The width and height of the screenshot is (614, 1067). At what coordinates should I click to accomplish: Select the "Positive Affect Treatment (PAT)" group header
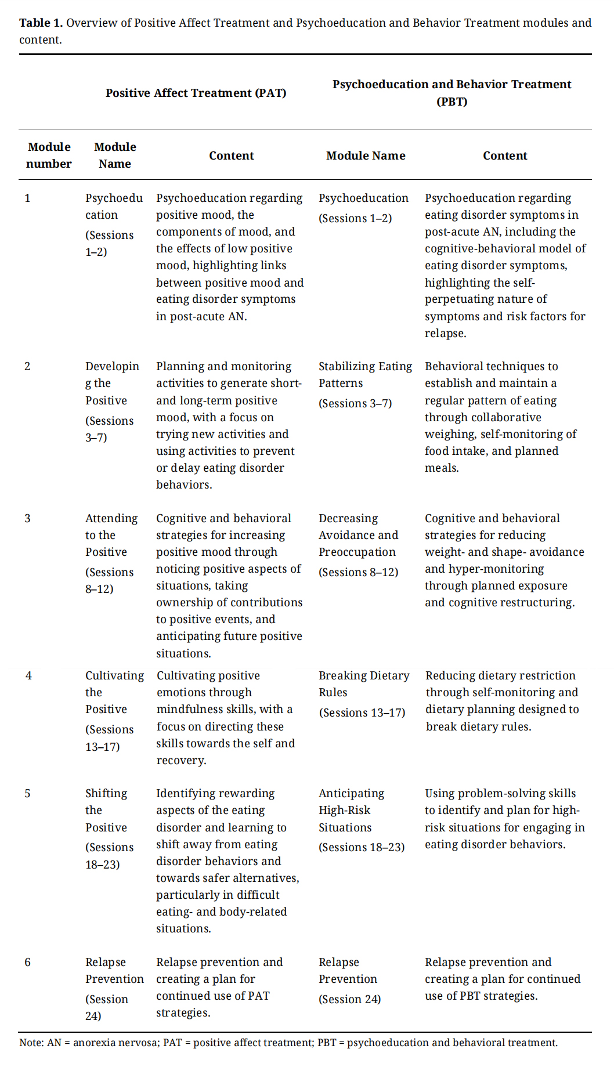coord(196,93)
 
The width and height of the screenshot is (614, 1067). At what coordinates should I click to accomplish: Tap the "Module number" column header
coord(49,155)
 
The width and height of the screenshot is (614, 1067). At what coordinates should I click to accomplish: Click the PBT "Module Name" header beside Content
coord(366,155)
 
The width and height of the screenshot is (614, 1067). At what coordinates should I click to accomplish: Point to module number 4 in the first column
coord(28,676)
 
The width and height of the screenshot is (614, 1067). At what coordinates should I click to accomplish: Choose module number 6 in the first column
coord(28,963)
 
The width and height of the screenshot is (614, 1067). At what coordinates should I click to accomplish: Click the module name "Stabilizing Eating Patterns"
coord(365,375)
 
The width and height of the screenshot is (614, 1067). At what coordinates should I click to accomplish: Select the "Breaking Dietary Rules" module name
coord(364,684)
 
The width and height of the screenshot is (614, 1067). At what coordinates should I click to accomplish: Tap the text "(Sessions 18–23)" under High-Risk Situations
coord(362,848)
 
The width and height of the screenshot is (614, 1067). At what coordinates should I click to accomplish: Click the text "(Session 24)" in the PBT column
coord(349,1000)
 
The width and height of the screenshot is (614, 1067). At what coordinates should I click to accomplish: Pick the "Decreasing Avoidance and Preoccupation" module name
coord(358,535)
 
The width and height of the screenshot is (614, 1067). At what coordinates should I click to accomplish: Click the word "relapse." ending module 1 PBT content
coord(445,334)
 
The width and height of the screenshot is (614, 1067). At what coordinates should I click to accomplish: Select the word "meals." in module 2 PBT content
coord(442,468)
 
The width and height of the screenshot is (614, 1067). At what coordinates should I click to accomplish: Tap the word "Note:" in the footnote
coord(31,1043)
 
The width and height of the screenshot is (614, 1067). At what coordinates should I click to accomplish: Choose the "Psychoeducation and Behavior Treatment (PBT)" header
coord(452,93)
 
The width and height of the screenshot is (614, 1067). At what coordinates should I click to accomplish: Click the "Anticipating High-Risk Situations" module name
coord(351,811)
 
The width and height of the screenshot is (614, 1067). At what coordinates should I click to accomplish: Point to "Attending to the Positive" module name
coord(111,535)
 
